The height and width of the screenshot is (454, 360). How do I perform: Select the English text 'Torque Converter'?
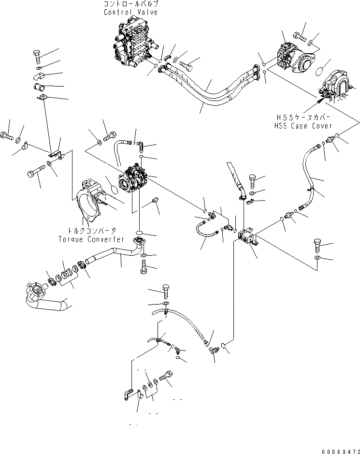[91, 239]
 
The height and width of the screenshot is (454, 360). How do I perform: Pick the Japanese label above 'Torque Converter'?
[91, 231]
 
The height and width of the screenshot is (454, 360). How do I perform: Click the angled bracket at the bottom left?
[128, 394]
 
